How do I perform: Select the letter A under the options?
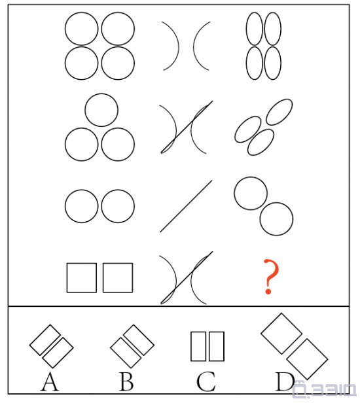point(50,382)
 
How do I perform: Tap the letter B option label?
point(126,382)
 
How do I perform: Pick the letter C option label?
point(206,382)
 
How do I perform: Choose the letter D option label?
point(285,382)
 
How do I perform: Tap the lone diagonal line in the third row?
point(186,206)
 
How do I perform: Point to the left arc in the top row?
point(178,46)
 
